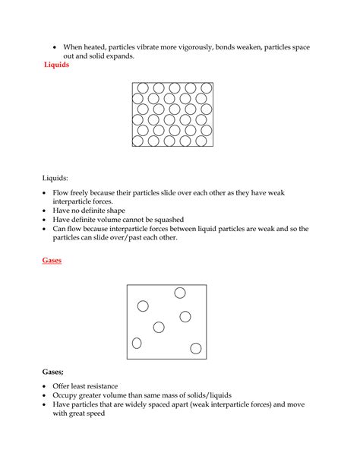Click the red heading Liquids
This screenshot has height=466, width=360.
pyautogui.click(x=58, y=65)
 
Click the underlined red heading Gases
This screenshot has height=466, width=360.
pyautogui.click(x=51, y=260)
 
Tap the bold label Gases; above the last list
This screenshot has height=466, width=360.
pyautogui.click(x=53, y=372)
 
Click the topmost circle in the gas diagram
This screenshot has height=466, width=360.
pyautogui.click(x=180, y=293)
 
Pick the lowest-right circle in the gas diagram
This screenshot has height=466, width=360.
pyautogui.click(x=196, y=348)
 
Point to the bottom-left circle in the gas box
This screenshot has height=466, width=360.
pyautogui.click(x=137, y=343)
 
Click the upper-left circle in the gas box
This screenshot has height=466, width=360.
pyautogui.click(x=143, y=306)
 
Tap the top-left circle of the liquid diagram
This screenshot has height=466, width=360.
pyautogui.click(x=141, y=89)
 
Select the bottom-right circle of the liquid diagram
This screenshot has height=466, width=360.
pyautogui.click(x=204, y=140)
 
